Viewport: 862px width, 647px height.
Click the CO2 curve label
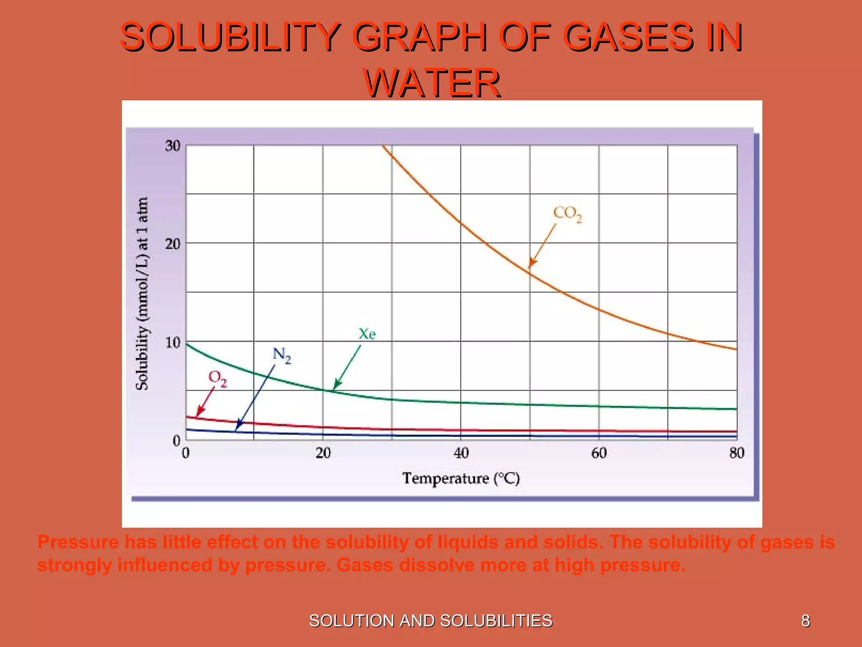pyautogui.click(x=567, y=214)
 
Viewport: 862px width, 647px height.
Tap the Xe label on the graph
pyautogui.click(x=367, y=334)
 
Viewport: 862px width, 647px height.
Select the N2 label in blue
pyautogui.click(x=281, y=355)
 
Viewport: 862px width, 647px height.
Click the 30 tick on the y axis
pyautogui.click(x=173, y=146)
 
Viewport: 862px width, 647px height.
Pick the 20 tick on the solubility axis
pyautogui.click(x=173, y=244)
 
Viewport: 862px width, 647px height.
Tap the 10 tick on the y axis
pyautogui.click(x=173, y=342)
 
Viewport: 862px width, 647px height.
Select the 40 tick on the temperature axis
pyautogui.click(x=461, y=453)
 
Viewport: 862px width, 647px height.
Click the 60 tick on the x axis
pyautogui.click(x=599, y=453)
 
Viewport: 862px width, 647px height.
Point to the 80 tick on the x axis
pyautogui.click(x=737, y=453)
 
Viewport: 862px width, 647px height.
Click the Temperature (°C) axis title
pyautogui.click(x=461, y=479)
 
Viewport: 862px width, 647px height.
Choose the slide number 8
pyautogui.click(x=806, y=621)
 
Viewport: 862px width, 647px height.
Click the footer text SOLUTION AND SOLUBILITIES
pyautogui.click(x=431, y=621)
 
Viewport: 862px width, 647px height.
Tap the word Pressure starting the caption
pyautogui.click(x=78, y=542)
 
